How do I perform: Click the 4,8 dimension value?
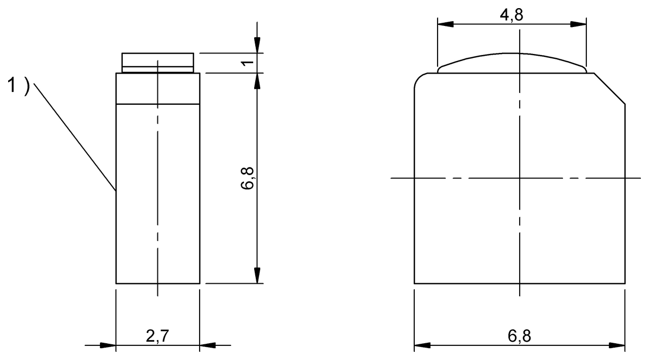pos(511,15)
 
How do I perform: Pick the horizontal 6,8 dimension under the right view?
pos(519,336)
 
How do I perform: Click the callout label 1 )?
pos(18,85)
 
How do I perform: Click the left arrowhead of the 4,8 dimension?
pos(445,24)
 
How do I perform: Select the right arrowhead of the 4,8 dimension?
pos(579,24)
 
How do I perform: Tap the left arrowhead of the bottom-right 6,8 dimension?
pos(422,345)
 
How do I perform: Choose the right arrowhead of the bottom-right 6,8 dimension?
pos(618,345)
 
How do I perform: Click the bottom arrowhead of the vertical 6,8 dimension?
pos(257,275)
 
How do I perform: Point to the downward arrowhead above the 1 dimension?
pos(257,45)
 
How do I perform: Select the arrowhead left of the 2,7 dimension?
pos(109,345)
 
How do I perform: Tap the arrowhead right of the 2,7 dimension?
pos(208,345)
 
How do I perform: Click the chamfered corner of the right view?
pos(610,87)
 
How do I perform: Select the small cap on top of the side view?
pos(157,62)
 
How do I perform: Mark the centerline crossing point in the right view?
pos(519,178)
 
